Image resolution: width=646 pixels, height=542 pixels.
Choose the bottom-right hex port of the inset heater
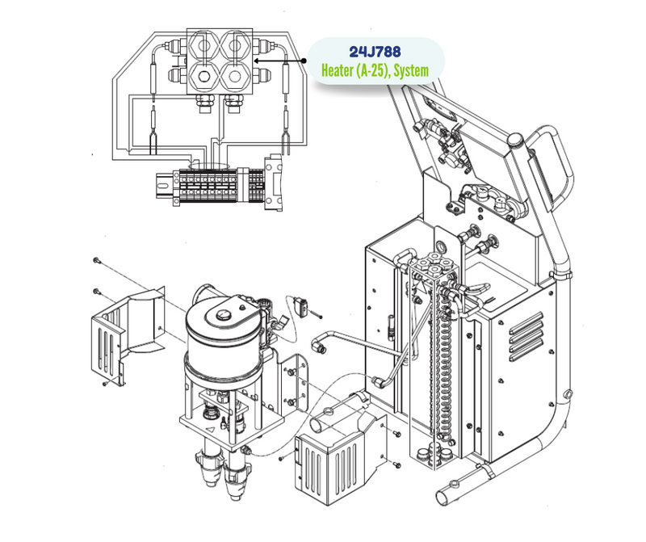tap(235, 78)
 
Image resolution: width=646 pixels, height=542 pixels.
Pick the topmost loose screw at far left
tap(95, 260)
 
